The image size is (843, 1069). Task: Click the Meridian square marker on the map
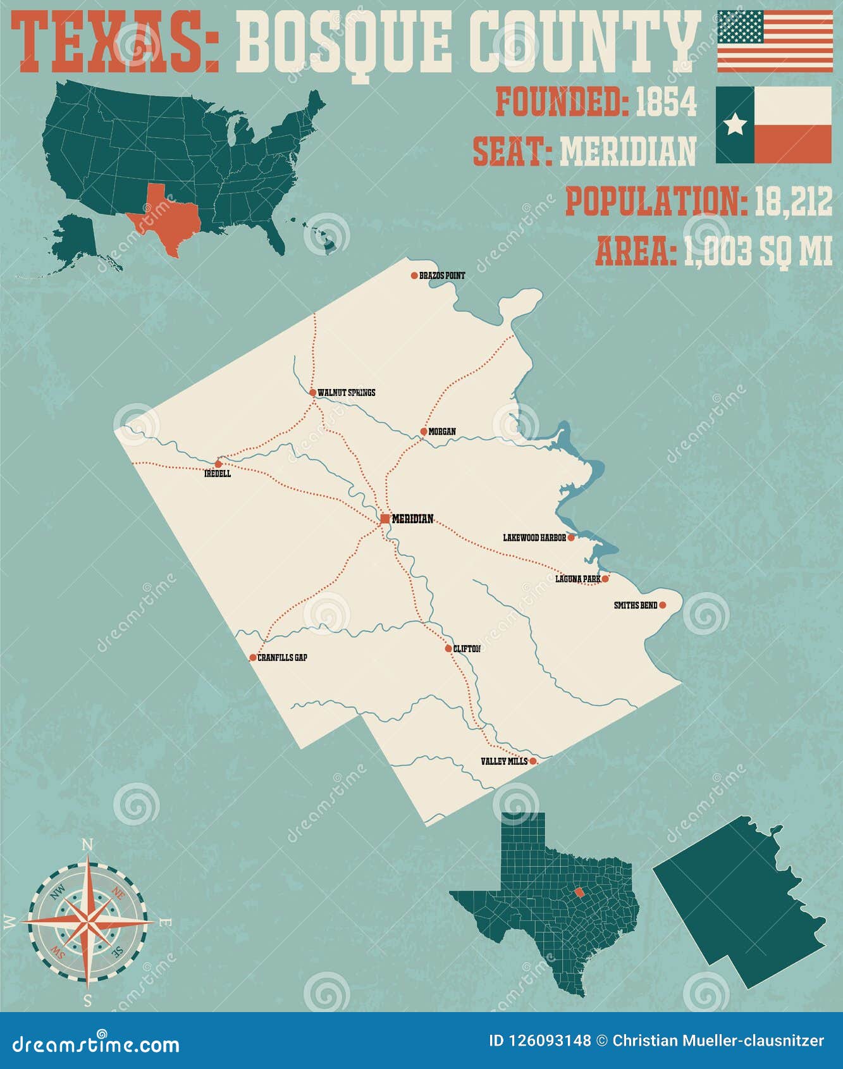pyautogui.click(x=385, y=519)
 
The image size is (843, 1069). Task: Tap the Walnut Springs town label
pyautogui.click(x=346, y=393)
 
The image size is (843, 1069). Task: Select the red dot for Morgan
pyautogui.click(x=424, y=431)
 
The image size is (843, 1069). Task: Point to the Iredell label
pyautogui.click(x=218, y=474)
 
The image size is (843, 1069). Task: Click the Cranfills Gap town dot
pyautogui.click(x=253, y=658)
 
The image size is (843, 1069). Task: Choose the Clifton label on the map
pyautogui.click(x=467, y=649)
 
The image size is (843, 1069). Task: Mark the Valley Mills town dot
pyautogui.click(x=532, y=761)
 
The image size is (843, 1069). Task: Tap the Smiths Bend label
pyautogui.click(x=636, y=606)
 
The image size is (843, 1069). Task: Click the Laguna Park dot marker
pyautogui.click(x=605, y=578)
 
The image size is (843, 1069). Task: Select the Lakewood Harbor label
pyautogui.click(x=534, y=538)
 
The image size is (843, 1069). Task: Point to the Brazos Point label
pyautogui.click(x=442, y=276)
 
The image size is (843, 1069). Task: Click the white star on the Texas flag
pyautogui.click(x=735, y=125)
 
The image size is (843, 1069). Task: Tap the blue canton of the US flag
pyautogui.click(x=741, y=27)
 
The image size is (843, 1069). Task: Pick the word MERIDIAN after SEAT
pyautogui.click(x=628, y=152)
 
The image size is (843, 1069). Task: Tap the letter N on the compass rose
pyautogui.click(x=89, y=845)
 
